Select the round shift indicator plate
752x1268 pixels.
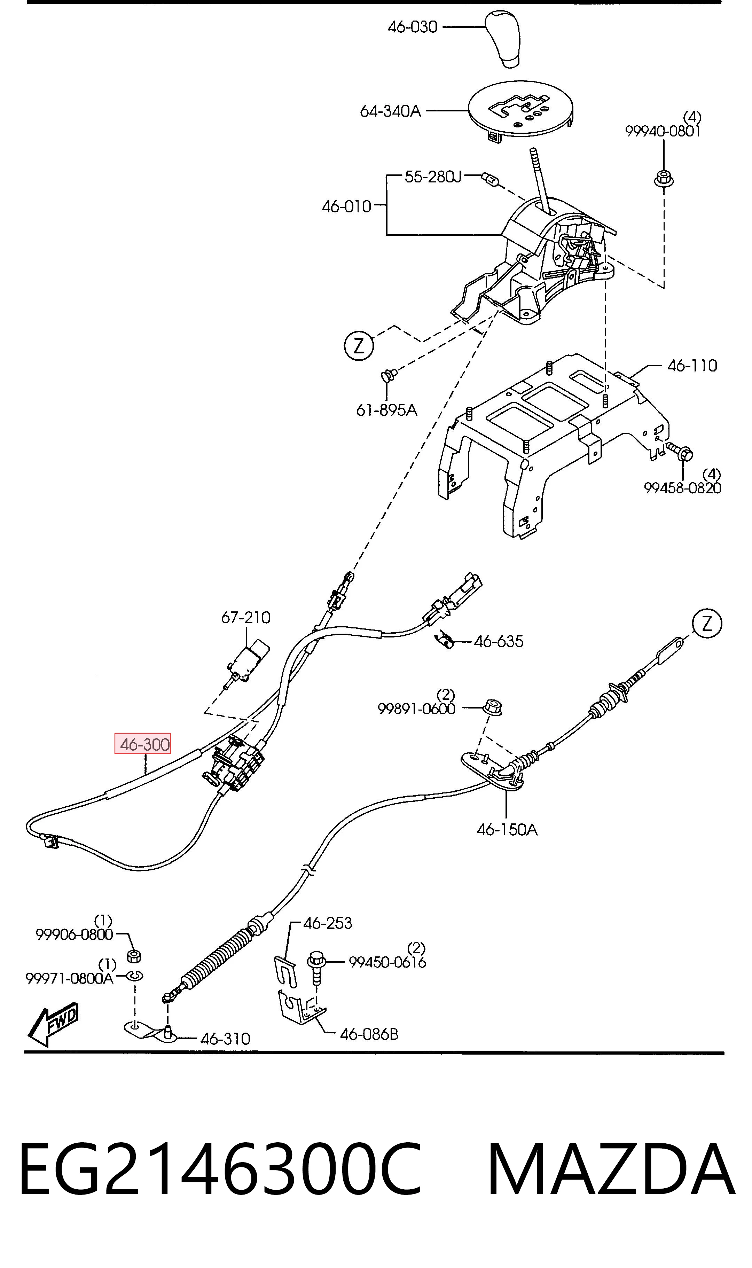pyautogui.click(x=520, y=110)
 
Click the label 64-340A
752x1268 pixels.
pyautogui.click(x=390, y=111)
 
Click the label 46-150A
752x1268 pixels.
pyautogui.click(x=507, y=829)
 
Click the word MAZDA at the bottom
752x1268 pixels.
pyautogui.click(x=611, y=1165)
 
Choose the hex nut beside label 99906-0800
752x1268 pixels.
pyautogui.click(x=133, y=956)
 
